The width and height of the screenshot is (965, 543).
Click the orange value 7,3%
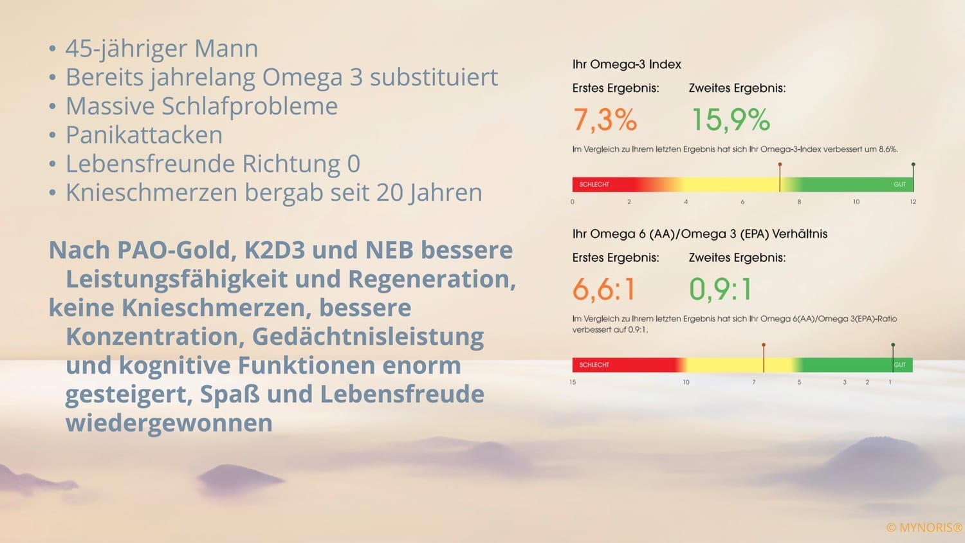[x=605, y=120]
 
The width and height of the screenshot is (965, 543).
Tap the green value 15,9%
[x=730, y=120]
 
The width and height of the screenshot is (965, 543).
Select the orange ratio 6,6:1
[x=603, y=289]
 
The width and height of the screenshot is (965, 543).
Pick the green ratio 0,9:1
[x=721, y=289]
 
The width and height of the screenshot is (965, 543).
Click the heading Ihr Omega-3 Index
[x=627, y=64]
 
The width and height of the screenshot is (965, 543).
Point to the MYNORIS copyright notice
[x=924, y=528]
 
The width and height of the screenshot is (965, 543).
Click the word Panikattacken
[x=144, y=135]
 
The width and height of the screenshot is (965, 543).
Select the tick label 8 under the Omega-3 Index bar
[x=799, y=202]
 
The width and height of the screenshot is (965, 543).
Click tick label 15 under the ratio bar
[x=573, y=382]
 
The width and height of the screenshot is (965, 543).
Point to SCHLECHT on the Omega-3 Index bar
[x=594, y=185]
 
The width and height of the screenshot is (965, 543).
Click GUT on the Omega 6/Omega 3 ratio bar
[x=899, y=365]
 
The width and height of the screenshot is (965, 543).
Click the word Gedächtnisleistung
[x=367, y=336]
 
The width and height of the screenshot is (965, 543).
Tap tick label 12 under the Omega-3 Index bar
[x=913, y=202]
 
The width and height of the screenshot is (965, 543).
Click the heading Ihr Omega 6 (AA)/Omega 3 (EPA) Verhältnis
[x=699, y=234]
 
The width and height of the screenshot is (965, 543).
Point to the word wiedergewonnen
[x=169, y=423]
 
